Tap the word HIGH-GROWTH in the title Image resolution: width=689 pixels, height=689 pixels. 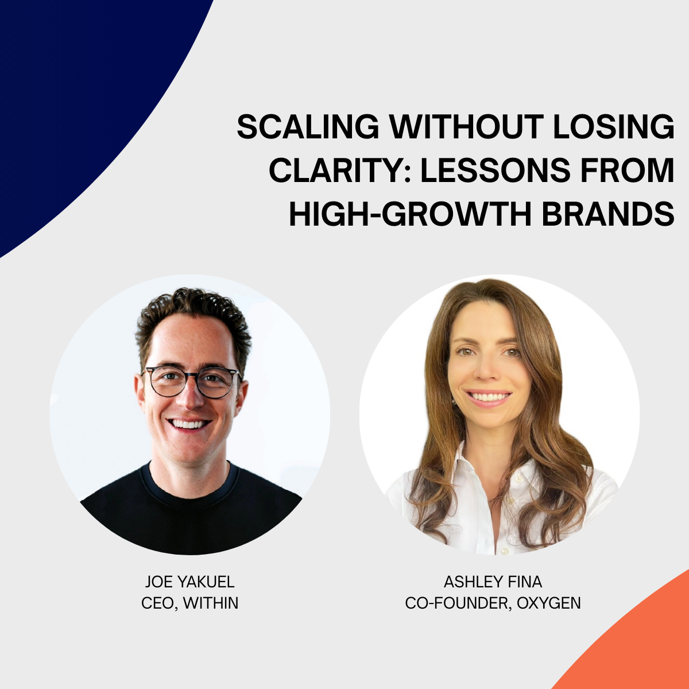point(410,214)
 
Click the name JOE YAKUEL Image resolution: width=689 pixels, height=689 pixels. point(189,582)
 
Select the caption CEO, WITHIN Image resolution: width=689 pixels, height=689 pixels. point(189,603)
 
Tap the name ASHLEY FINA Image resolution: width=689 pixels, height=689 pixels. point(493,582)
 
